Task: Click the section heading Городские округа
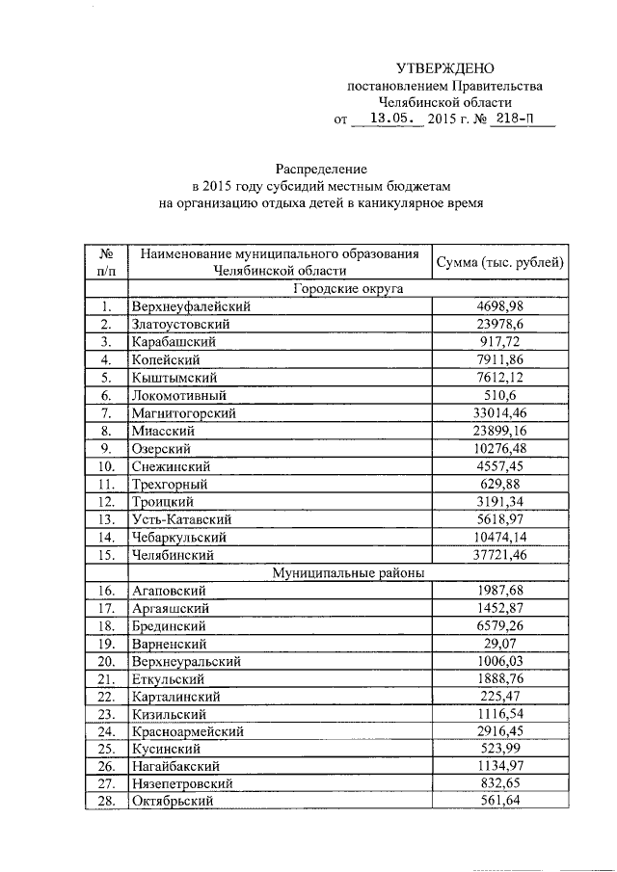[347, 289]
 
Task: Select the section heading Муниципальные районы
[347, 572]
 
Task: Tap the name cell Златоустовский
[181, 324]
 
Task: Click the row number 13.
[106, 519]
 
